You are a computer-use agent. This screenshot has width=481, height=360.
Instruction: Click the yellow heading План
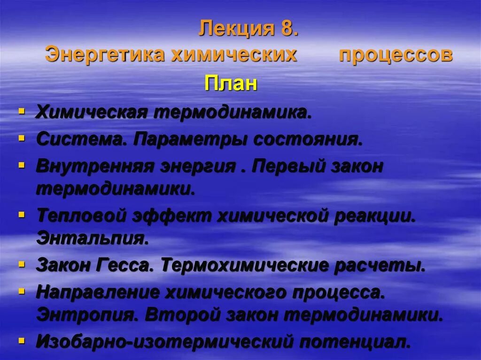tap(231, 84)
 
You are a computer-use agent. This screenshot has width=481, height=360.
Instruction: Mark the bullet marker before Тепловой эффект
tap(22, 215)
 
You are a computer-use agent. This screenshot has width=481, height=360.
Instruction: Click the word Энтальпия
tap(92, 238)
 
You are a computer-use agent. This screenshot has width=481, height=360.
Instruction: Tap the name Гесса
tap(126, 265)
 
